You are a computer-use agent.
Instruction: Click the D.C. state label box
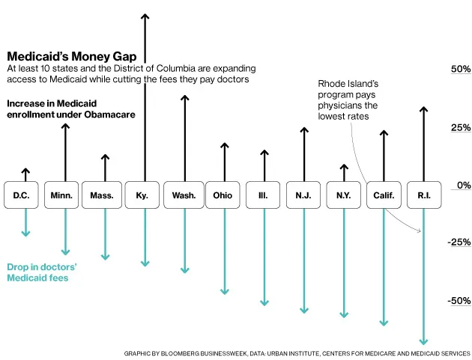pos(21,195)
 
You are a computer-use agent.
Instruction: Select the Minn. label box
pos(61,195)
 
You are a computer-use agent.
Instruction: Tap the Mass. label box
pos(102,195)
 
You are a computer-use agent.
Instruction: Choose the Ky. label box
pos(142,195)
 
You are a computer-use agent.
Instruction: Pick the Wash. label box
pos(184,195)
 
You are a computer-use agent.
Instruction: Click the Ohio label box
pos(223,195)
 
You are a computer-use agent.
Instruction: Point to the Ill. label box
pos(263,195)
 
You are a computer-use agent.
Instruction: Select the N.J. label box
pos(303,195)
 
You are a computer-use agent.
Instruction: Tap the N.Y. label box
pos(344,195)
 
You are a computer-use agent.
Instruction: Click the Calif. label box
pos(384,195)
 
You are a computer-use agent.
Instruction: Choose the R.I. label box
pos(424,195)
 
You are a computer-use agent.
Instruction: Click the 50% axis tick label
pos(460,70)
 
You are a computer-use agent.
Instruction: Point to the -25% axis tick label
pos(459,242)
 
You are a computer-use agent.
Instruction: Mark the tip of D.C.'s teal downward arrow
pos(25,234)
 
